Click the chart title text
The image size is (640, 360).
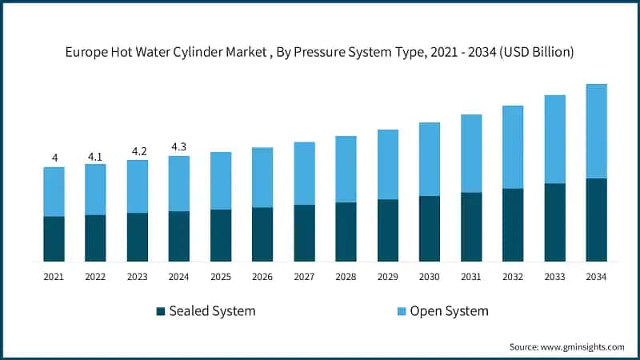coord(320,52)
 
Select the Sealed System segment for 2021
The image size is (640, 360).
coord(54,238)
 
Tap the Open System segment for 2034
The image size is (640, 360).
coord(596,131)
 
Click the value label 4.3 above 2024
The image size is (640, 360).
coord(179,146)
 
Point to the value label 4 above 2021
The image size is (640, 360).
coord(54,158)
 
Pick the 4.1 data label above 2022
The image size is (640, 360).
coord(95,154)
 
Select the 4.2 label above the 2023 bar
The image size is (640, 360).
coord(138,150)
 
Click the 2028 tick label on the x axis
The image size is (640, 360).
coord(346,277)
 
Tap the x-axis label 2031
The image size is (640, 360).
coord(471,277)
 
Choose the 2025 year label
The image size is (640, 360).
coord(221,277)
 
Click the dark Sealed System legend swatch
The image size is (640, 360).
coord(161,311)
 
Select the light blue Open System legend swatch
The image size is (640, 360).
coord(402,311)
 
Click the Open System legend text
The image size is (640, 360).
coord(449,311)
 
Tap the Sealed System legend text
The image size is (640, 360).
coord(212,311)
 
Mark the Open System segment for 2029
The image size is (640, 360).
coord(388,164)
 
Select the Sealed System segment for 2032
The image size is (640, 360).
coord(513,225)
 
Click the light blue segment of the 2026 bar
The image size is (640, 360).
coord(262,177)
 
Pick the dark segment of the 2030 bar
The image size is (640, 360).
coord(430,228)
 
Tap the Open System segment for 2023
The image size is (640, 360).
coord(138,186)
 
